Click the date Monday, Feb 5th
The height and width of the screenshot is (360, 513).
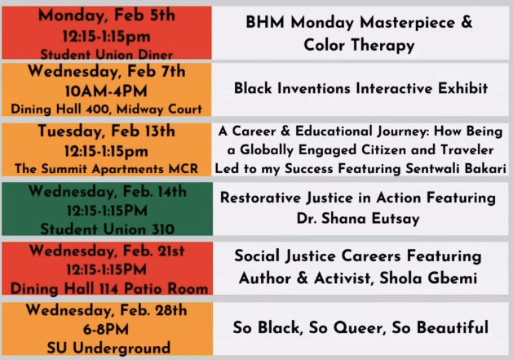pyautogui.click(x=107, y=16)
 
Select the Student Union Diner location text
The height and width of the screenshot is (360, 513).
pyautogui.click(x=107, y=55)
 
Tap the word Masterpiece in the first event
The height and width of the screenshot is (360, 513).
pyautogui.click(x=407, y=23)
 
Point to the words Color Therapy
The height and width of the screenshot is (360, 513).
pyautogui.click(x=359, y=45)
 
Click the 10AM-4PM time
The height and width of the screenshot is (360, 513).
pyautogui.click(x=106, y=91)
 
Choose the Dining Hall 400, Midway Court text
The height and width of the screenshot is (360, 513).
pyautogui.click(x=107, y=109)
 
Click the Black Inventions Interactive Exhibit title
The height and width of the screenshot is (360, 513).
pyautogui.click(x=360, y=88)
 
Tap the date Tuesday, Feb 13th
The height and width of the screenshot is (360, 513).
pyautogui.click(x=107, y=131)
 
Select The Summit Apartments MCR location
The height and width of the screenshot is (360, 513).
pyautogui.click(x=107, y=169)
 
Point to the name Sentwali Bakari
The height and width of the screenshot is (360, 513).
pyautogui.click(x=456, y=168)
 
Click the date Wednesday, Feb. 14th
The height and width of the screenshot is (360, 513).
pyautogui.click(x=108, y=191)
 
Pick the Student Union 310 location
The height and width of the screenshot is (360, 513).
pyautogui.click(x=108, y=229)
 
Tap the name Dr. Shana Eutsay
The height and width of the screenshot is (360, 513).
pyautogui.click(x=358, y=219)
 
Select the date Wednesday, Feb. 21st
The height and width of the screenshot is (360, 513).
pyautogui.click(x=107, y=251)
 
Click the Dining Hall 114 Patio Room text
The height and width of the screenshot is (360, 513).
pyautogui.click(x=109, y=289)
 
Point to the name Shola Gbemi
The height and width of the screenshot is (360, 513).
pyautogui.click(x=428, y=278)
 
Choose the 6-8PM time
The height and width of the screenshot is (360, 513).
pyautogui.click(x=106, y=329)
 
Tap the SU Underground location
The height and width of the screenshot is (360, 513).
pyautogui.click(x=108, y=348)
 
